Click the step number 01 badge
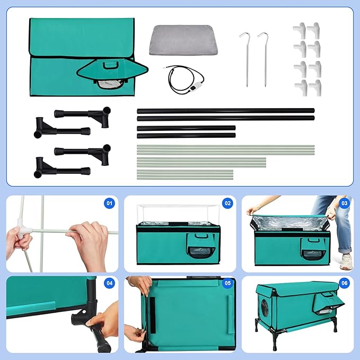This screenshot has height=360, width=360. click(x=110, y=203)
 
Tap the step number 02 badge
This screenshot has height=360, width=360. click(x=227, y=203)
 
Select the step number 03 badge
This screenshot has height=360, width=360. click(x=345, y=203)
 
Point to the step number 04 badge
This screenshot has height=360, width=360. click(x=110, y=283)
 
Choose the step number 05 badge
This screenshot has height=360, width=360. click(x=227, y=283)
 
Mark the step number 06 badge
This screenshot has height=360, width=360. click(x=345, y=283)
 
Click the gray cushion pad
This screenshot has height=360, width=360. click(x=183, y=40)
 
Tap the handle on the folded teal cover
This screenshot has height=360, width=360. click(x=111, y=65)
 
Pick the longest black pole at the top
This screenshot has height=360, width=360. click(x=226, y=111)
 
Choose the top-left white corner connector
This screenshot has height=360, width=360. click(x=300, y=31)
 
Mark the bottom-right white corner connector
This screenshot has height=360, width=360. click(x=315, y=87)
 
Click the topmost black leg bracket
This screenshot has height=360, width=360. click(x=83, y=114)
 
